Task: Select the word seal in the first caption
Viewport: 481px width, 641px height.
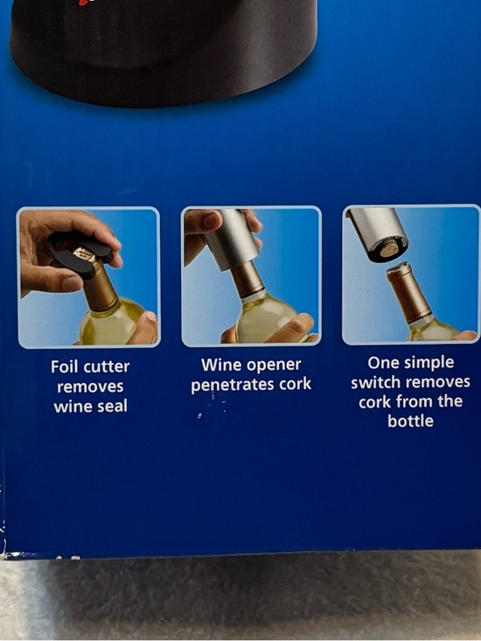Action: click(113, 407)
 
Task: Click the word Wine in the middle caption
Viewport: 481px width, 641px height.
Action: click(218, 365)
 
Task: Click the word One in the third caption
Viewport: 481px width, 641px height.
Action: click(382, 362)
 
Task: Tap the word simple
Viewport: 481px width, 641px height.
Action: click(428, 363)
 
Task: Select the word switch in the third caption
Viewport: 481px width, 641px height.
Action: click(376, 382)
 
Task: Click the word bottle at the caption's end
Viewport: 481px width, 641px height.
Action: click(410, 421)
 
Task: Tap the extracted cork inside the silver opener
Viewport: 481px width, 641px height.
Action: click(388, 249)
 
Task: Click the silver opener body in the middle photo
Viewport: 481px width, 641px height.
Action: click(231, 239)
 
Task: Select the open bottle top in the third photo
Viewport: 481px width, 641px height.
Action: click(400, 268)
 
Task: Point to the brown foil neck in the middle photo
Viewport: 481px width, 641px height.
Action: click(248, 279)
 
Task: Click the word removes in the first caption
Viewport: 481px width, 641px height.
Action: click(90, 387)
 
